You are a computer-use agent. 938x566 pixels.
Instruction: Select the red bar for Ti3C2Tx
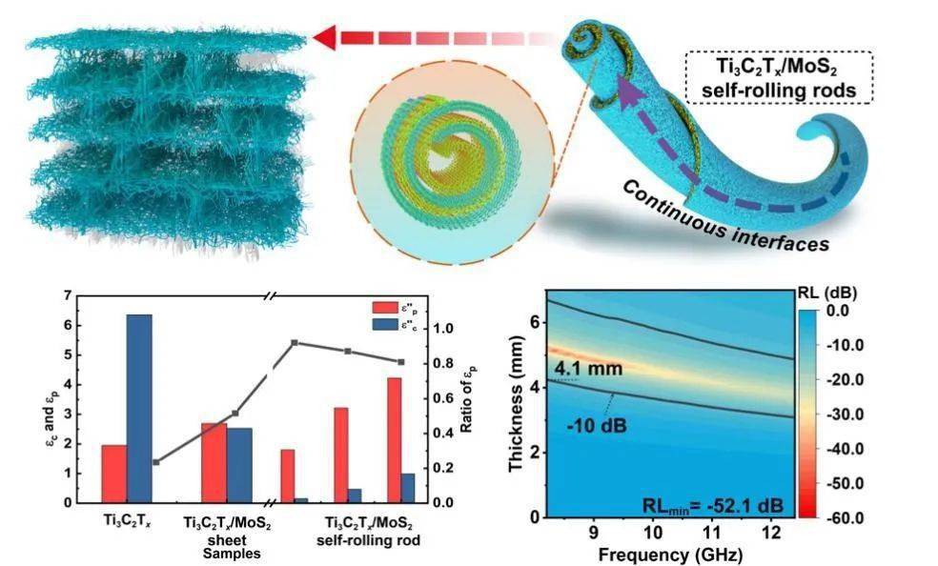coord(113,474)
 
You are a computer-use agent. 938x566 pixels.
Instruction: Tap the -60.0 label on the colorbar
coord(842,518)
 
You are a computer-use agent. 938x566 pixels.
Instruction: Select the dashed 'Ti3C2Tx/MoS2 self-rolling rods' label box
coord(779,78)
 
